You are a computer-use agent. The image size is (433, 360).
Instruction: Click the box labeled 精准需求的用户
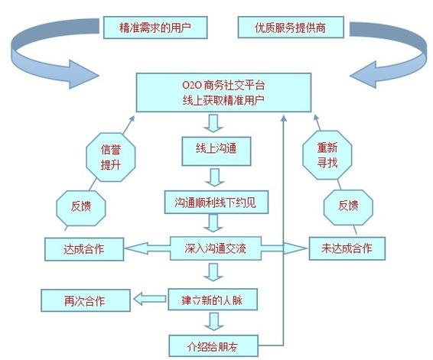[155, 29]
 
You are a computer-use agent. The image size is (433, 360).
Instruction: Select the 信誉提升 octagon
[111, 151]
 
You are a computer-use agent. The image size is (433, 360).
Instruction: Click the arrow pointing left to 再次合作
[147, 299]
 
